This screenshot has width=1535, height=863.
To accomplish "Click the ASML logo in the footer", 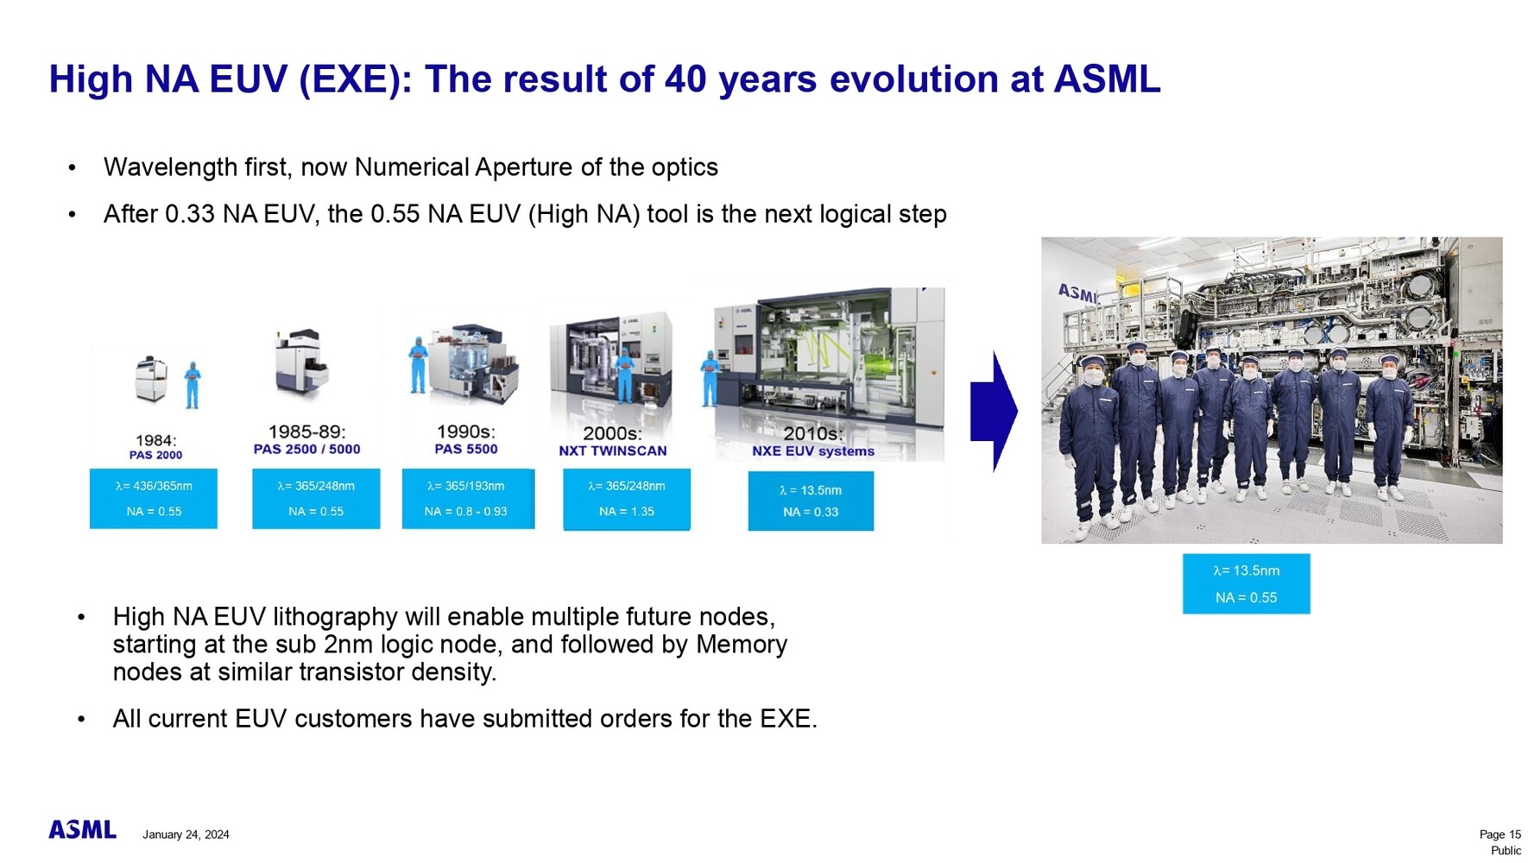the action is pos(82,829).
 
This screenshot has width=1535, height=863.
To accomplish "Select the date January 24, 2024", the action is pos(186,835).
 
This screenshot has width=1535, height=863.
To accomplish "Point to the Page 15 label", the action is pos(1500,834).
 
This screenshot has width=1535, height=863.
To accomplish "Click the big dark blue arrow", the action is pos(994,412).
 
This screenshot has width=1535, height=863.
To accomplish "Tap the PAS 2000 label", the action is pos(155,455).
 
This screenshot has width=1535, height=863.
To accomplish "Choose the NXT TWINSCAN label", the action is pos(612,450).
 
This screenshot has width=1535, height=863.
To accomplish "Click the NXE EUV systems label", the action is pos(812,450).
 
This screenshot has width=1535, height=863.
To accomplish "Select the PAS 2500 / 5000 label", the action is pos(306,449).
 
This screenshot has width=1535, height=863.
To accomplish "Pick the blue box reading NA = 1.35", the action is pos(627,499).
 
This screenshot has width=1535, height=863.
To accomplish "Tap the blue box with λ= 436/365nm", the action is pos(154,499).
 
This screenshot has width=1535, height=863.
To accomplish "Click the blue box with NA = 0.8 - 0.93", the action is pos(468,499).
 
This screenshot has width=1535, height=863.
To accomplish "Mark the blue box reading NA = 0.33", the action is pos(811,501).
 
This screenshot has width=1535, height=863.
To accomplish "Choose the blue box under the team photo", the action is pos(1246,584).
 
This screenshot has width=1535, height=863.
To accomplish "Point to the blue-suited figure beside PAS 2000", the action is pos(192,385).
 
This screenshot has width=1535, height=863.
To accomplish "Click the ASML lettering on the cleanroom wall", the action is pos(1078,293).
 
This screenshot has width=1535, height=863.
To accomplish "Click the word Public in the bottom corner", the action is pos(1506,850).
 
